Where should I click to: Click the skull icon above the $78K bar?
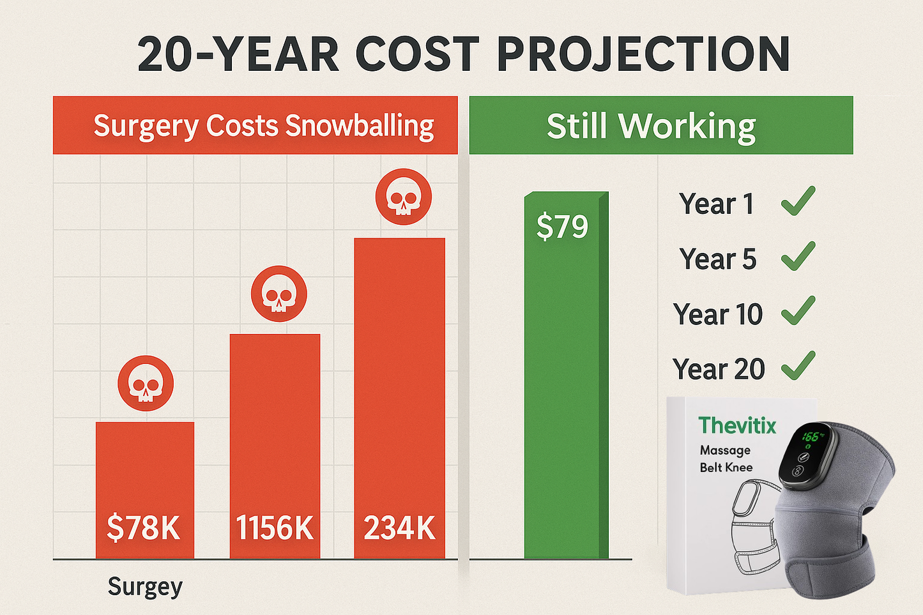[x=146, y=383]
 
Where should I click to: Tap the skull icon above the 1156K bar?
[x=279, y=294]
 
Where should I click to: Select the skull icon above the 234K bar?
[x=404, y=197]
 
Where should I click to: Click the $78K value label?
[x=144, y=528]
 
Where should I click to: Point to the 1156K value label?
[x=275, y=528]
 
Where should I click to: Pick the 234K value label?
[x=399, y=528]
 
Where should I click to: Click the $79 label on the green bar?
[x=562, y=227]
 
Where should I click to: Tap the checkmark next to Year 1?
[x=798, y=201]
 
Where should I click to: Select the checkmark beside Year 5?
[x=798, y=256]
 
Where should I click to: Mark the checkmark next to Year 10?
[x=798, y=311]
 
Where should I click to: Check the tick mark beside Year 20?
[x=798, y=366]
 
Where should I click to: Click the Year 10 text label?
[x=718, y=314]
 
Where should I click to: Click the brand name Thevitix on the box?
[x=737, y=425]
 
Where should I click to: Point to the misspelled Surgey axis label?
[x=145, y=586]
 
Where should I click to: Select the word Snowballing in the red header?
[x=360, y=126]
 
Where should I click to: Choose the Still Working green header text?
[x=651, y=126]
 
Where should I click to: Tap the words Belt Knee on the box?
[x=726, y=467]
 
